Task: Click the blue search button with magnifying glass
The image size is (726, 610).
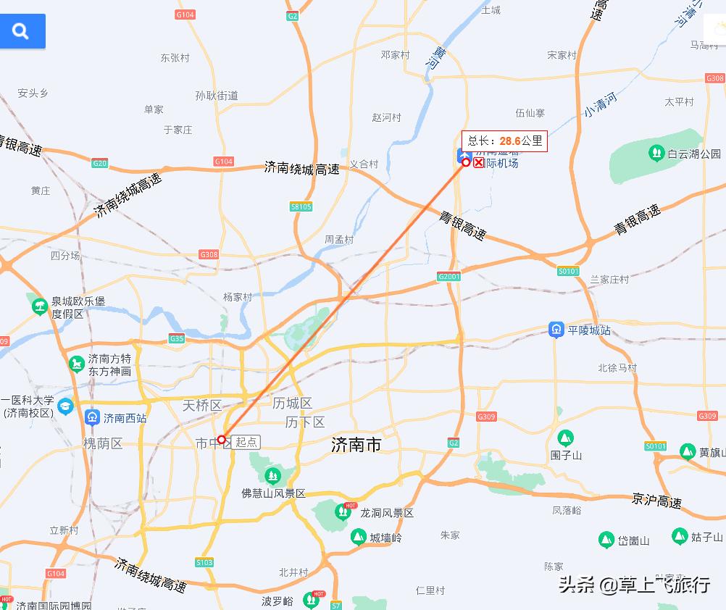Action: pyautogui.click(x=22, y=31)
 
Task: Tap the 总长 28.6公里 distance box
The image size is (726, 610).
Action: pyautogui.click(x=504, y=141)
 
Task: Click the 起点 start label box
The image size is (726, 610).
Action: pyautogui.click(x=246, y=442)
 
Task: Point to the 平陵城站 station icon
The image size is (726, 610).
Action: pyautogui.click(x=556, y=330)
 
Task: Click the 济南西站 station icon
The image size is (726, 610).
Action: pyautogui.click(x=92, y=417)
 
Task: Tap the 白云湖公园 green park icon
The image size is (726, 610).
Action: pyautogui.click(x=656, y=154)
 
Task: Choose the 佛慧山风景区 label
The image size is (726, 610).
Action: pyautogui.click(x=274, y=493)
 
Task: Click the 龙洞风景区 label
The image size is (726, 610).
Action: pyautogui.click(x=387, y=513)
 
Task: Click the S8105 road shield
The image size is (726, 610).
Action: pyautogui.click(x=301, y=206)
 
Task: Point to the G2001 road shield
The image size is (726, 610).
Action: pyautogui.click(x=449, y=277)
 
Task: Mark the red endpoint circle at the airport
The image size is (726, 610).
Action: pyautogui.click(x=466, y=163)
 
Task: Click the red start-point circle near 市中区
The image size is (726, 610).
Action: pyautogui.click(x=222, y=440)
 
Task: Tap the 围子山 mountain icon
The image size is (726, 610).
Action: pyautogui.click(x=565, y=438)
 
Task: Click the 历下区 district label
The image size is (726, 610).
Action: pyautogui.click(x=305, y=422)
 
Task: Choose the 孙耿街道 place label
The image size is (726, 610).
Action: pyautogui.click(x=217, y=95)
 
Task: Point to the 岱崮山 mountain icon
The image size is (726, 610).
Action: pyautogui.click(x=606, y=540)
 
